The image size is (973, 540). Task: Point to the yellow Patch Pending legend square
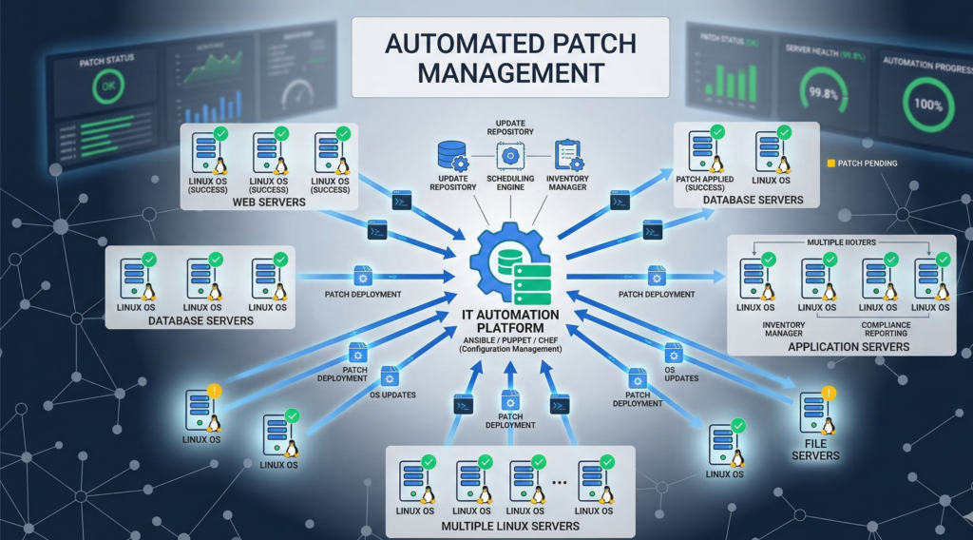click(830, 164)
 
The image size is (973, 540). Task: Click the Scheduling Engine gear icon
click(509, 155)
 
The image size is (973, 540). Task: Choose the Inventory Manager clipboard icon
click(568, 155)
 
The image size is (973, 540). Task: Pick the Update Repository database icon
click(450, 155)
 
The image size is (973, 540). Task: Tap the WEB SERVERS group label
click(269, 202)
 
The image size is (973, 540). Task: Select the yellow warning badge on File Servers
click(830, 393)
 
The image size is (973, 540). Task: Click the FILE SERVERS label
click(816, 450)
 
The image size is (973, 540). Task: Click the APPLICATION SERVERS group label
click(849, 347)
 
